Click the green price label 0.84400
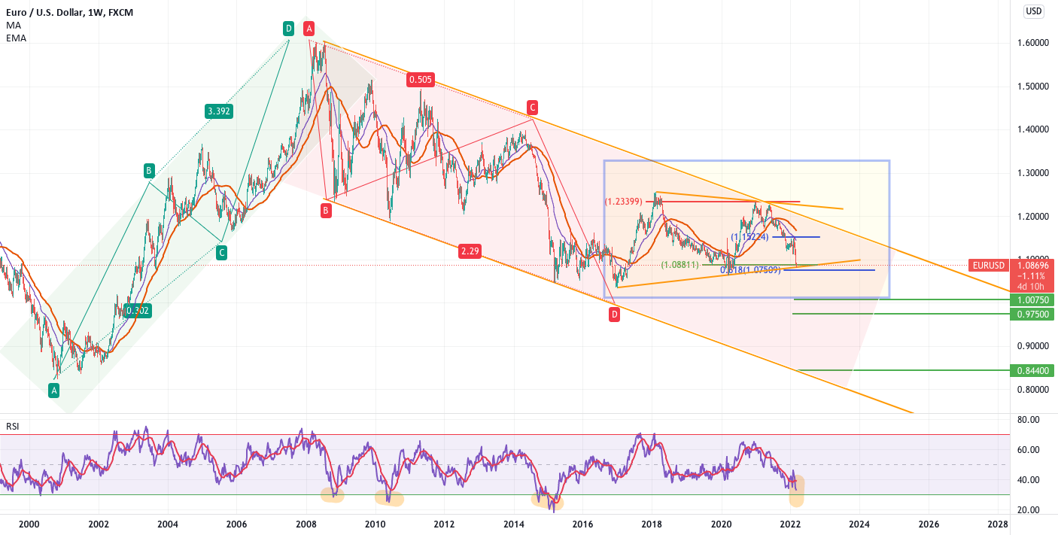[x=1031, y=371]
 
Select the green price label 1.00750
[x=1031, y=300]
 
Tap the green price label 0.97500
[x=1031, y=314]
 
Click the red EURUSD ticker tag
[x=988, y=266]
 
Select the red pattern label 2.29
[x=470, y=251]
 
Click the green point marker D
[x=288, y=29]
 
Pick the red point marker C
[x=532, y=106]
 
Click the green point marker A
[x=53, y=390]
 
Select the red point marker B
[x=326, y=211]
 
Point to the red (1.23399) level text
[x=624, y=202]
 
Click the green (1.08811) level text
[x=680, y=265]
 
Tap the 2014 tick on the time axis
[x=514, y=524]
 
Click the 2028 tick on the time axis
[x=998, y=524]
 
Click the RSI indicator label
[x=13, y=427]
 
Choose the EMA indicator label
[x=16, y=38]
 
